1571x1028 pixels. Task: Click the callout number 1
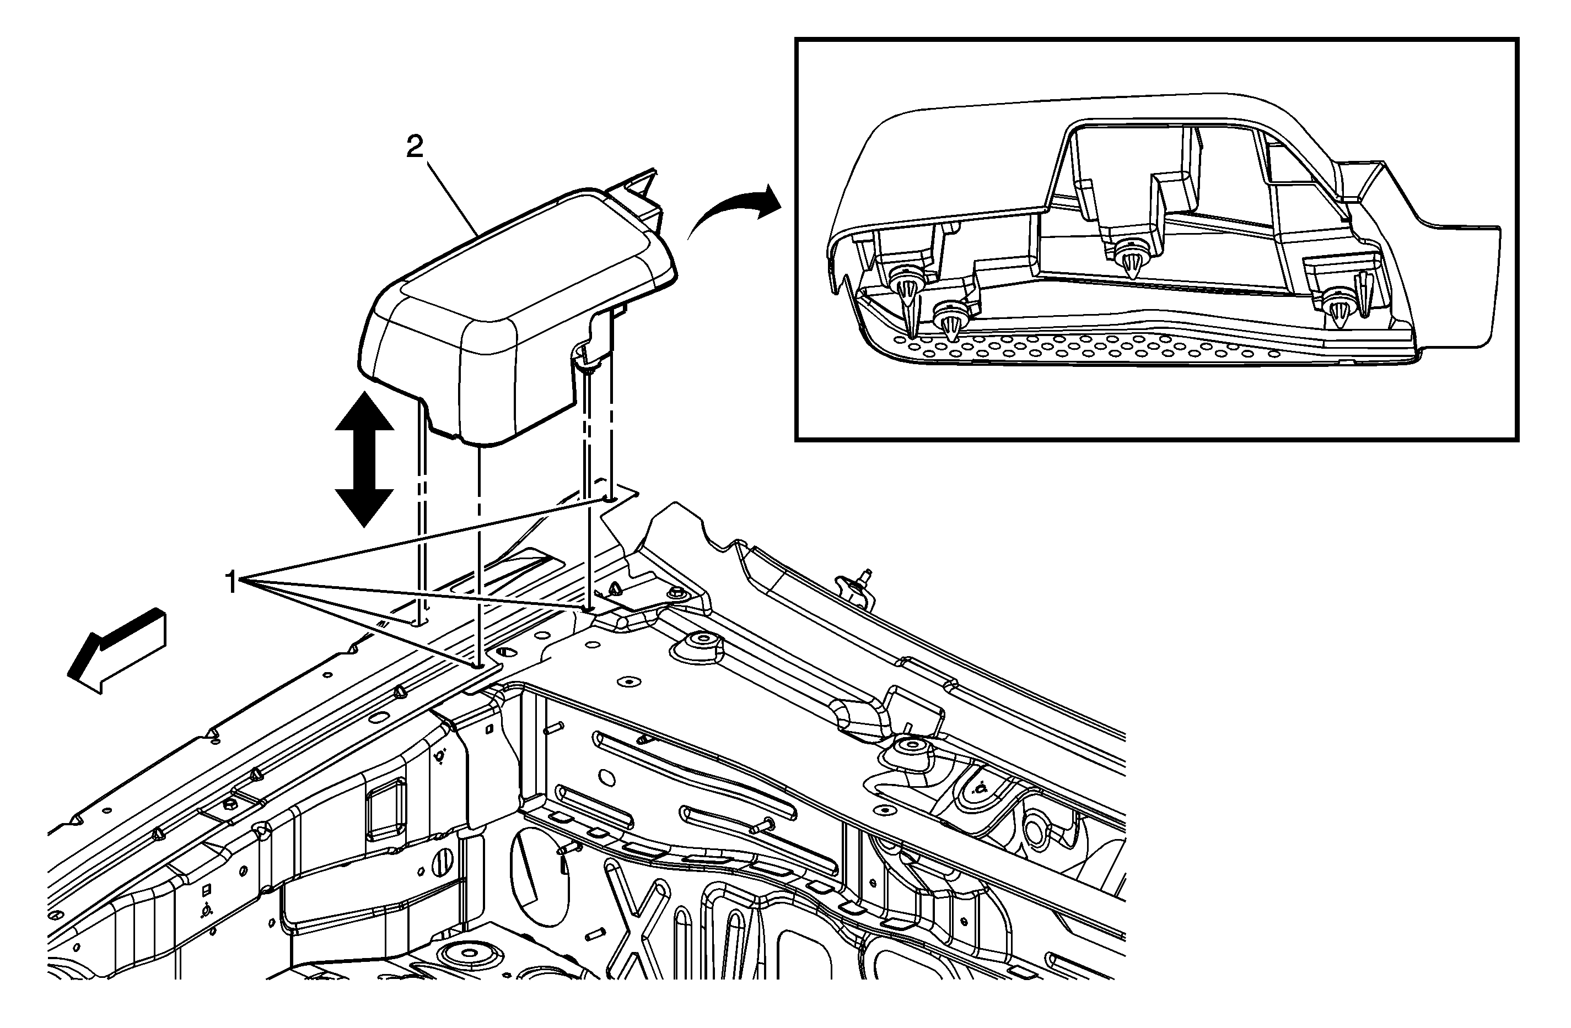230,583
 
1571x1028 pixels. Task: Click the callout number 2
414,147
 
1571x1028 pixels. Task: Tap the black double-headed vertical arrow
364,459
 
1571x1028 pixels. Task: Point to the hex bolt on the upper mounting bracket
676,592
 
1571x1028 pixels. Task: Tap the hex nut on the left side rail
232,805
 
